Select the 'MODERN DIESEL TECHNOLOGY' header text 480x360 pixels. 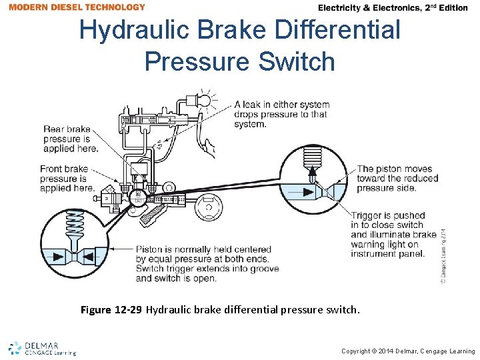[x=77, y=7]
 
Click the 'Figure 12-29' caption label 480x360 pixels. [x=111, y=310]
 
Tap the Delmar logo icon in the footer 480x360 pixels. [x=15, y=348]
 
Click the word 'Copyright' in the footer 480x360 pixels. [x=359, y=351]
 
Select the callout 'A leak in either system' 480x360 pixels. [x=282, y=105]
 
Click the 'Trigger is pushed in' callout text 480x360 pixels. [x=393, y=235]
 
